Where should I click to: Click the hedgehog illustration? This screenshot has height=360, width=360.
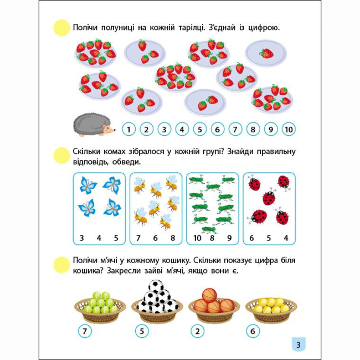pos(94,125)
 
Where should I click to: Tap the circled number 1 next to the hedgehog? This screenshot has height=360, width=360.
pos(128,130)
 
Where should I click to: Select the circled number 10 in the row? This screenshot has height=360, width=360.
pos(288,130)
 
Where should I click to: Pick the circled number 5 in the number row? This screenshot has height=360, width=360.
pos(199,130)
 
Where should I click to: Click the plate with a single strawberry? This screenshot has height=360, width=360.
pos(266,53)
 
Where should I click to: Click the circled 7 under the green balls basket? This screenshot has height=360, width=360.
pos(85,331)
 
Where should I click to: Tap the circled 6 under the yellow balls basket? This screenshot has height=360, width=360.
pos(253,331)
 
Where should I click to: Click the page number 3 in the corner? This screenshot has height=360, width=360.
pos(298,345)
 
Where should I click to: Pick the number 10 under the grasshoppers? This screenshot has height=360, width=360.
pos(198,238)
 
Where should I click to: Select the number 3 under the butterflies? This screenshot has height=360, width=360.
pos(81,238)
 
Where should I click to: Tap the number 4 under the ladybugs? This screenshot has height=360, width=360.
pos(286,238)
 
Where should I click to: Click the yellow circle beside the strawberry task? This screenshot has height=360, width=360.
pos(61,28)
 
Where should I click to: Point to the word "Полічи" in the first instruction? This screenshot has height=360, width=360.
pos(86,28)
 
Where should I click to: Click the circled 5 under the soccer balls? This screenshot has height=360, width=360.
pos(142,331)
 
